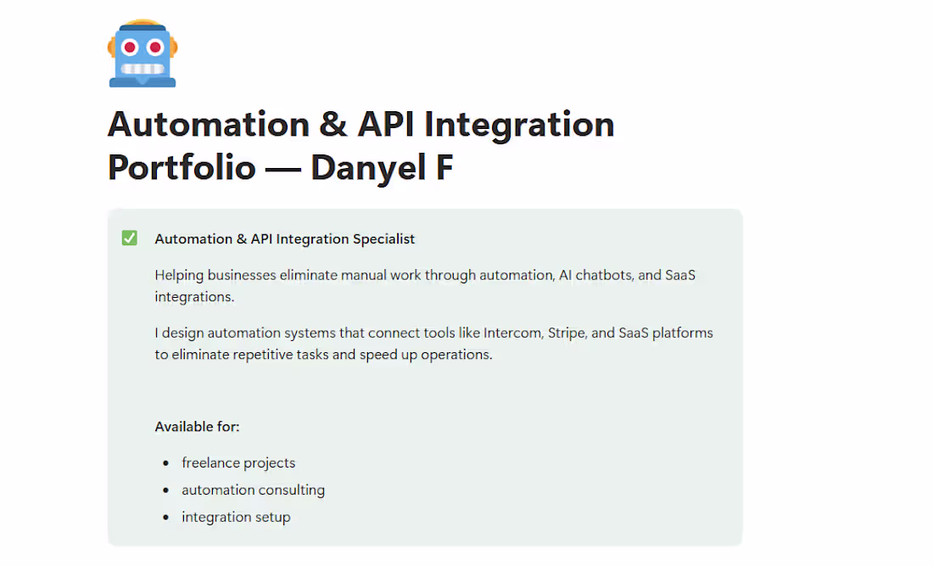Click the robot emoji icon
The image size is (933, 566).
[142, 53]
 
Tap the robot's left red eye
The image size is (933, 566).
[130, 47]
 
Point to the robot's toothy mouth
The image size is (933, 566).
[142, 68]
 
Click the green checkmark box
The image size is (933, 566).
[130, 238]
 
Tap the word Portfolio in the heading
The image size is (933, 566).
[182, 168]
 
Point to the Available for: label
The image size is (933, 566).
[197, 427]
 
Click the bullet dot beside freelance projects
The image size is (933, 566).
[165, 463]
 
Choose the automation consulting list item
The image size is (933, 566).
[253, 490]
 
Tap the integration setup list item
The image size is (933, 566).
[236, 518]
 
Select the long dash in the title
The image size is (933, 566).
[282, 168]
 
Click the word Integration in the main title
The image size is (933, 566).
[519, 125]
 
